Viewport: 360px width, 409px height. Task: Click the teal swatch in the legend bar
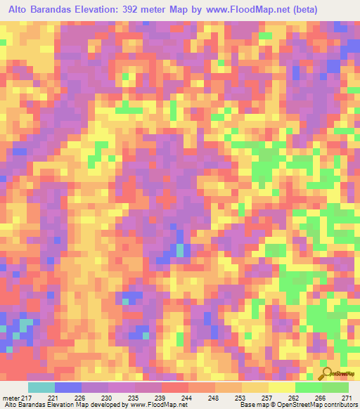pyautogui.click(x=41, y=388)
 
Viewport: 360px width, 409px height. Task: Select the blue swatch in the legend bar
pyautogui.click(x=67, y=388)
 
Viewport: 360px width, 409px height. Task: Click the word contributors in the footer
pyautogui.click(x=338, y=405)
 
